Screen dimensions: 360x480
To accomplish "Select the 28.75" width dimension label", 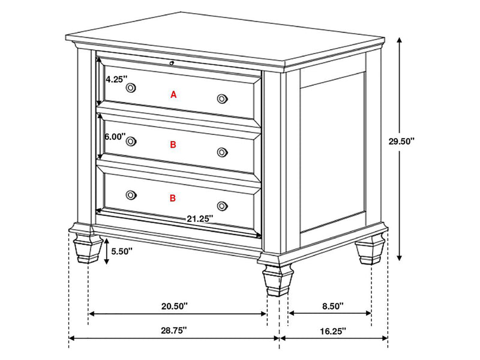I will pyautogui.click(x=174, y=329).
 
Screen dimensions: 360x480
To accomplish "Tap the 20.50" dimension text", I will pyautogui.click(x=175, y=306).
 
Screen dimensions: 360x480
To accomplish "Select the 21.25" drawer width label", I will pyautogui.click(x=199, y=219).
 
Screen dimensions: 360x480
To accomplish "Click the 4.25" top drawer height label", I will pyautogui.click(x=115, y=79).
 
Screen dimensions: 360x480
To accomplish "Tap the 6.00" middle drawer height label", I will pyautogui.click(x=115, y=137).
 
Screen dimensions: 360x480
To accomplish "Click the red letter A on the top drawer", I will pyautogui.click(x=174, y=94).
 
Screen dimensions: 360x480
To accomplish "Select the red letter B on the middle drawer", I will pyautogui.click(x=173, y=145).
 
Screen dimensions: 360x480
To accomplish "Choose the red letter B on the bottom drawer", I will pyautogui.click(x=173, y=197).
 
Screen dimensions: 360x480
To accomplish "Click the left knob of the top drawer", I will pyautogui.click(x=131, y=88).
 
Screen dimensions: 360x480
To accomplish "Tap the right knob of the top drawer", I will pyautogui.click(x=222, y=98).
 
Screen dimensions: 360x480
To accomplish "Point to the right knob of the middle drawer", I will pyautogui.click(x=222, y=152).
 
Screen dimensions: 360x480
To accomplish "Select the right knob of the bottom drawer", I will pyautogui.click(x=222, y=206).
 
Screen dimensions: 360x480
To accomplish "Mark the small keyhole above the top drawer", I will pyautogui.click(x=172, y=62).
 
